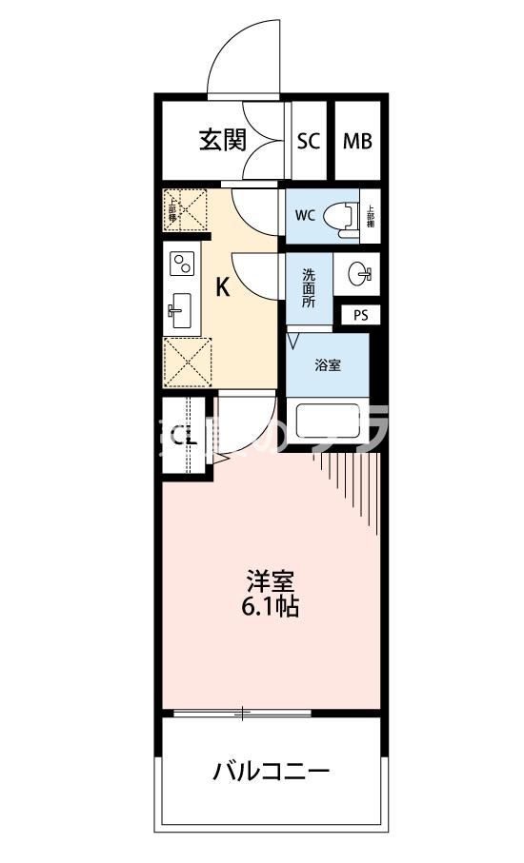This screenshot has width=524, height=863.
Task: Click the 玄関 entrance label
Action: pyautogui.click(x=222, y=141)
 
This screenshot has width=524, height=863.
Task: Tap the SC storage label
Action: pyautogui.click(x=307, y=142)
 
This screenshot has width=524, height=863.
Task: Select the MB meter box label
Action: pyautogui.click(x=357, y=142)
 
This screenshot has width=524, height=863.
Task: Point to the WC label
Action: pyautogui.click(x=304, y=215)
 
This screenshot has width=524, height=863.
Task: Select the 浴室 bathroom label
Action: pyautogui.click(x=327, y=365)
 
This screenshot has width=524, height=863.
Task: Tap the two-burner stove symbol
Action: pyautogui.click(x=180, y=264)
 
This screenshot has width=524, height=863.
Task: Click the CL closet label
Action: pyautogui.click(x=183, y=438)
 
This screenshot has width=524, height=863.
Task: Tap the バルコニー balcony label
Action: pyautogui.click(x=271, y=770)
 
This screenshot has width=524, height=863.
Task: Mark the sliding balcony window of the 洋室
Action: pyautogui.click(x=243, y=712)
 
